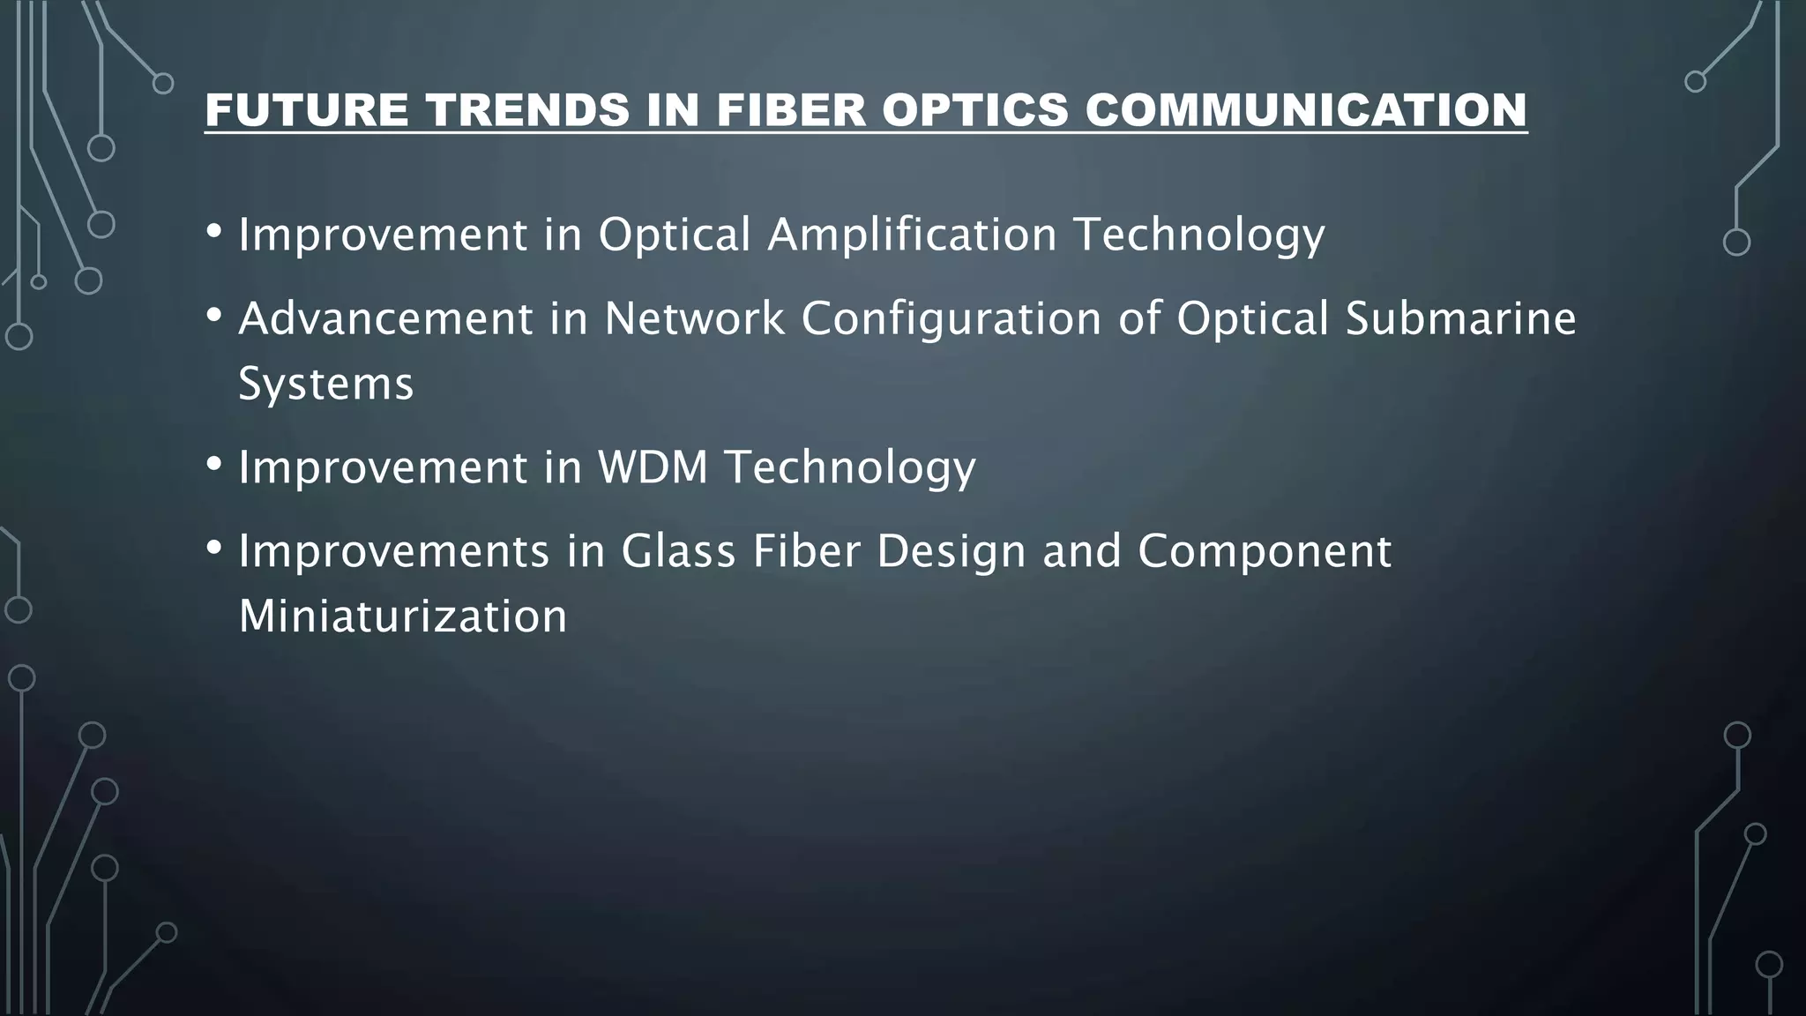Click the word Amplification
[912, 235]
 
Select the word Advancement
[385, 318]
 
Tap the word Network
[694, 318]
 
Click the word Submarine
[1460, 318]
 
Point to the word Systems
[325, 385]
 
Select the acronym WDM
[653, 467]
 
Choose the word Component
[1264, 553]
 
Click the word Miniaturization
[402, 616]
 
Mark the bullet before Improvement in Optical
[213, 232]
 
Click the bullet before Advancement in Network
[213, 315]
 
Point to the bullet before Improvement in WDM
[213, 464]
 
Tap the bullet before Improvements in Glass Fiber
[213, 548]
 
